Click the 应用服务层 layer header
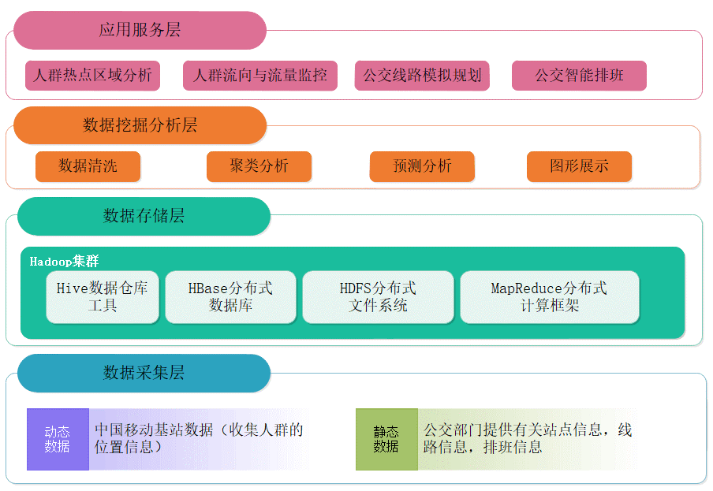pyautogui.click(x=140, y=31)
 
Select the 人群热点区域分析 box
pyautogui.click(x=92, y=76)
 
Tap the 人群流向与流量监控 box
pyautogui.click(x=259, y=76)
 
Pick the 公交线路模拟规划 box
pyautogui.click(x=422, y=76)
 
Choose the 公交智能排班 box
pyautogui.click(x=579, y=76)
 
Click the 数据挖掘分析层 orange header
pyautogui.click(x=140, y=125)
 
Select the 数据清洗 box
pyautogui.click(x=88, y=166)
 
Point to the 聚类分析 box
pyautogui.click(x=259, y=166)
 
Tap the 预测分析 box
pyautogui.click(x=422, y=166)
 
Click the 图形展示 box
pyautogui.click(x=579, y=166)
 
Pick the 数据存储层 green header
pyautogui.click(x=144, y=216)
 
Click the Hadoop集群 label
pyautogui.click(x=64, y=261)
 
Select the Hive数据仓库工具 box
pyautogui.click(x=103, y=297)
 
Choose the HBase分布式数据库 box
pyautogui.click(x=230, y=297)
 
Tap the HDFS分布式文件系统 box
pyautogui.click(x=378, y=297)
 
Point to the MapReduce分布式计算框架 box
pyautogui.click(x=549, y=297)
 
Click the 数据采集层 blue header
pyautogui.click(x=144, y=373)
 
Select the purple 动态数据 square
pyautogui.click(x=58, y=439)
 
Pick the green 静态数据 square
pyautogui.click(x=386, y=439)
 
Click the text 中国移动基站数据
pyautogui.click(x=155, y=430)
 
